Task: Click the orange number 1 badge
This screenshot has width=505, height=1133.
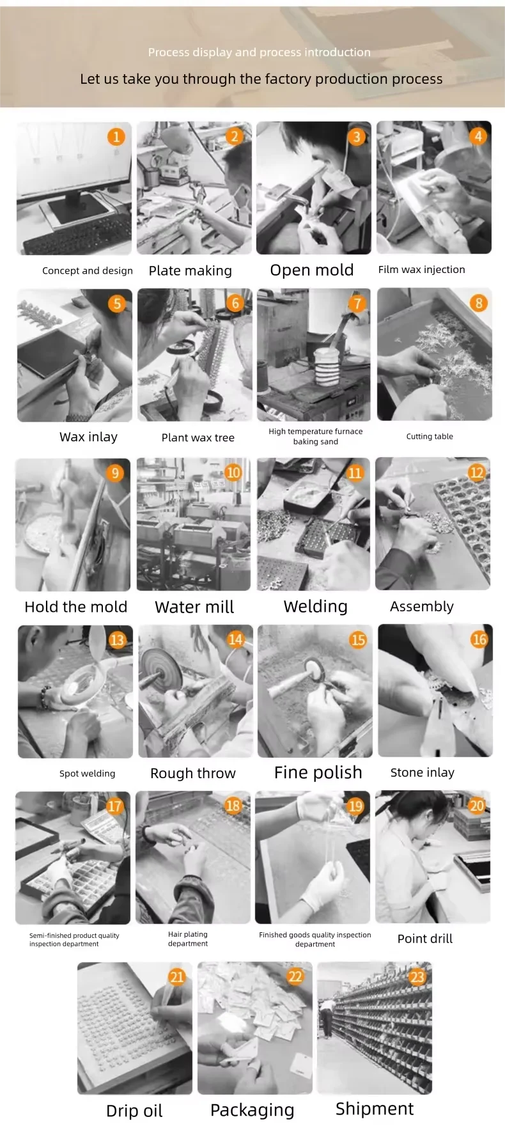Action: (116, 136)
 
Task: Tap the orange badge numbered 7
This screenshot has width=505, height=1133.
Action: (357, 303)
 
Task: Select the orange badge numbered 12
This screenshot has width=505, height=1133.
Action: (476, 473)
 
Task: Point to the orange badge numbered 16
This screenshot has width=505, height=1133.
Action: (479, 639)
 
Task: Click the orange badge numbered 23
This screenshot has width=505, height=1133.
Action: (417, 976)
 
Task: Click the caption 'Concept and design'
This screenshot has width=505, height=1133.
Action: (88, 270)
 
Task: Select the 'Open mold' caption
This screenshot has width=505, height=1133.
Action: (312, 270)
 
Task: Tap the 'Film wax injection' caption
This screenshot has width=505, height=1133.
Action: (422, 269)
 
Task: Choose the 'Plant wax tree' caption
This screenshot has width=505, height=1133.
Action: (198, 437)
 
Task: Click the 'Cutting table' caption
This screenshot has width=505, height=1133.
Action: (430, 436)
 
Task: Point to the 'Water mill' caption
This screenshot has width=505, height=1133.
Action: (194, 607)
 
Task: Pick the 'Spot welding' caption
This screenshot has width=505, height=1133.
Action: (88, 773)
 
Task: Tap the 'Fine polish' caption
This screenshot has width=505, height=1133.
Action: (318, 772)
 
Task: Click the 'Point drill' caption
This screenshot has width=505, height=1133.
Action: (425, 939)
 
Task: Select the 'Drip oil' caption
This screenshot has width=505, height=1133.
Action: (134, 1111)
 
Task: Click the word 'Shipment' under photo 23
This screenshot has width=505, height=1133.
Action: (375, 1109)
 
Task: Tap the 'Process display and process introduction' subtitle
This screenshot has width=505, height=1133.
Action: (260, 52)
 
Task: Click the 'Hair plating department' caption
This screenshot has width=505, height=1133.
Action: (188, 939)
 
